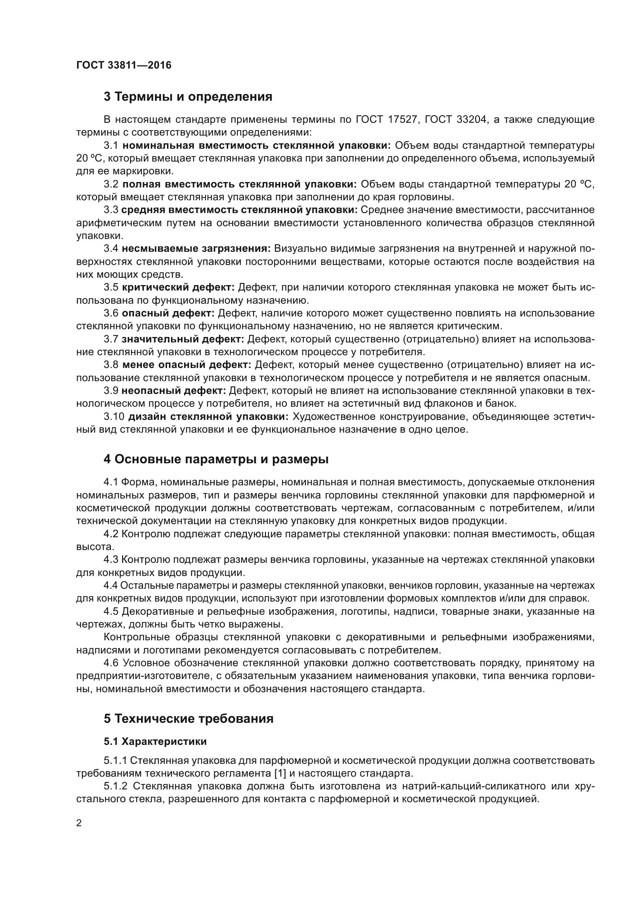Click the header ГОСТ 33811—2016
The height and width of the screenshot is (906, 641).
pos(124,65)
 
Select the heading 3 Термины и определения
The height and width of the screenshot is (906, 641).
pos(188,97)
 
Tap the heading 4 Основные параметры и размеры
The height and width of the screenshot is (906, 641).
pos(216,460)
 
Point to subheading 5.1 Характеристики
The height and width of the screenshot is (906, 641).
pos(155,742)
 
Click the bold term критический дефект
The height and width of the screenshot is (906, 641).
pos(178,287)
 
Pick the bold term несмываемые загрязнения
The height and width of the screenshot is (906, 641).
pos(196,249)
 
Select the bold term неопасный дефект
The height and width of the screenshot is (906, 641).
pos(173,391)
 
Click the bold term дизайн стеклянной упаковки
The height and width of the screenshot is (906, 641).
pos(208,417)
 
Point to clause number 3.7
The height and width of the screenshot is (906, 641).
pos(111,339)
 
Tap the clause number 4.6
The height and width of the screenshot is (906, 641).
pos(111,663)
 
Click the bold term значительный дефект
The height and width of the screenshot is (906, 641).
pos(183,339)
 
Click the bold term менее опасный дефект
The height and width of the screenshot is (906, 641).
pos(186,365)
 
